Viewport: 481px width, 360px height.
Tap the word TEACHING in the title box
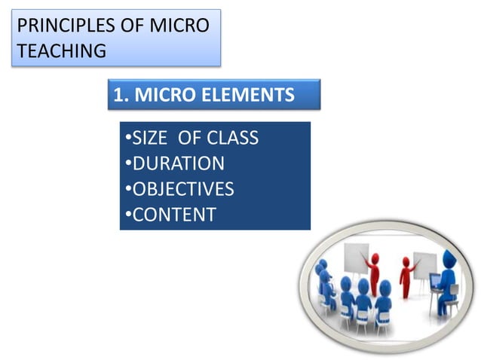tap(61, 51)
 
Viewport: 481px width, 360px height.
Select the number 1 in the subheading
tap(118, 96)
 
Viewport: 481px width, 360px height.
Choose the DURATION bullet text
tap(178, 163)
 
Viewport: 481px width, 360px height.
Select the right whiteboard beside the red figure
tap(424, 264)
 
